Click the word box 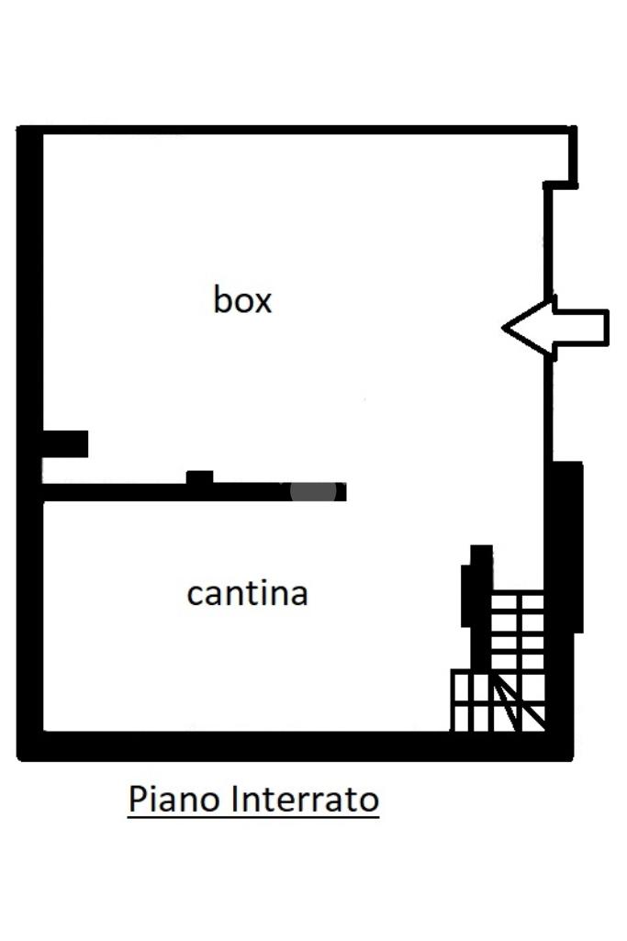click(242, 300)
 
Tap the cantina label click(247, 593)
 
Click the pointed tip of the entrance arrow click(506, 326)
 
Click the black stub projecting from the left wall click(65, 443)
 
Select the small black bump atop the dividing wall click(199, 477)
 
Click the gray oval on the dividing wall click(313, 491)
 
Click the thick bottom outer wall click(294, 745)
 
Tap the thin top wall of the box click(294, 130)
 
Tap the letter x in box click(263, 301)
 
